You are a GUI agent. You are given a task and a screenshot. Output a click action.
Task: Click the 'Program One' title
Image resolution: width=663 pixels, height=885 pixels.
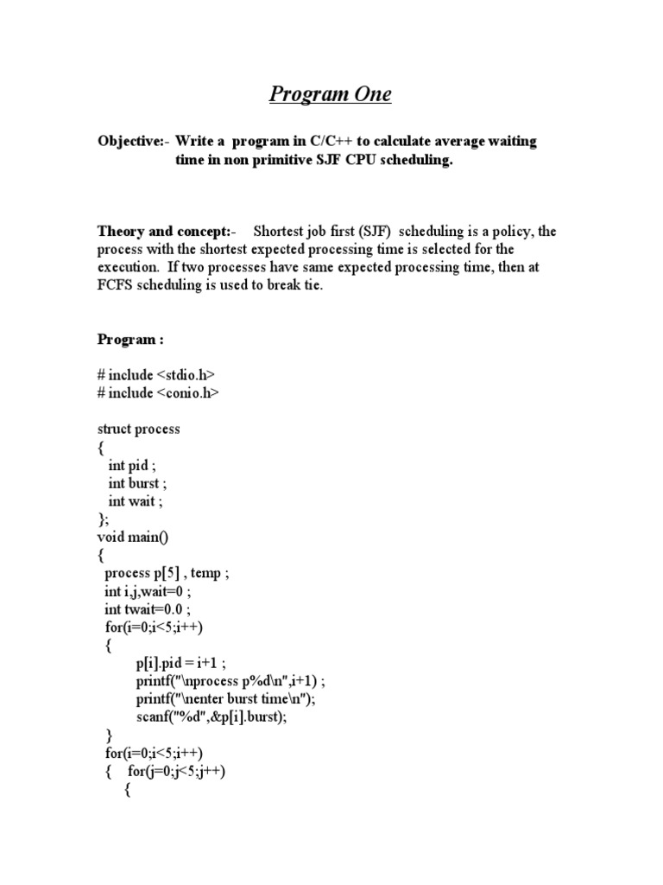(330, 94)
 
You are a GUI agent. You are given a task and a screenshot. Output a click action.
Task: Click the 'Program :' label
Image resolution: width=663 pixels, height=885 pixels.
(129, 339)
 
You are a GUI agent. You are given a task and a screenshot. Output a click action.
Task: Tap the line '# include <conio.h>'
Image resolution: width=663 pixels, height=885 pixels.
(158, 392)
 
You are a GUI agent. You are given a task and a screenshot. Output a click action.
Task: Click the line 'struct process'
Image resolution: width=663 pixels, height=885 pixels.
(139, 429)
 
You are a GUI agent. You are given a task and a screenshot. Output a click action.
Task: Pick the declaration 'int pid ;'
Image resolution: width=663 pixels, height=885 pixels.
(134, 465)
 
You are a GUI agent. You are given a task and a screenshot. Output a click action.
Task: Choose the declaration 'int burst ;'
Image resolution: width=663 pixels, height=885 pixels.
(138, 483)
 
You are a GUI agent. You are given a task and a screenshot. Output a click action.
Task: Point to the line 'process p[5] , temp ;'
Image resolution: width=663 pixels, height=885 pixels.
(167, 573)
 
